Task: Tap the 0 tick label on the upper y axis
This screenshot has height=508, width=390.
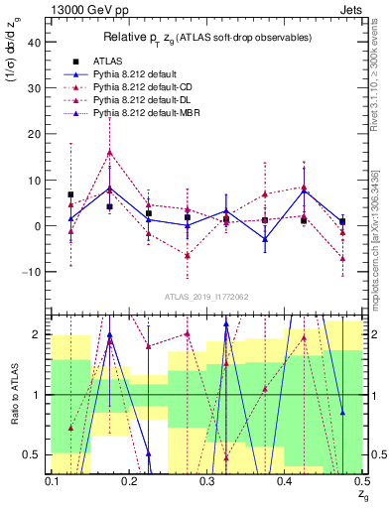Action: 39,225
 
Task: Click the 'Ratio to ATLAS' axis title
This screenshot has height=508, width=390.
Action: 13,398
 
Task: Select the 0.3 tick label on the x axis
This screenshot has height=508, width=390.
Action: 206,481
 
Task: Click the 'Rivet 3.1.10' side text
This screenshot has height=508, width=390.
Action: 377,99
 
